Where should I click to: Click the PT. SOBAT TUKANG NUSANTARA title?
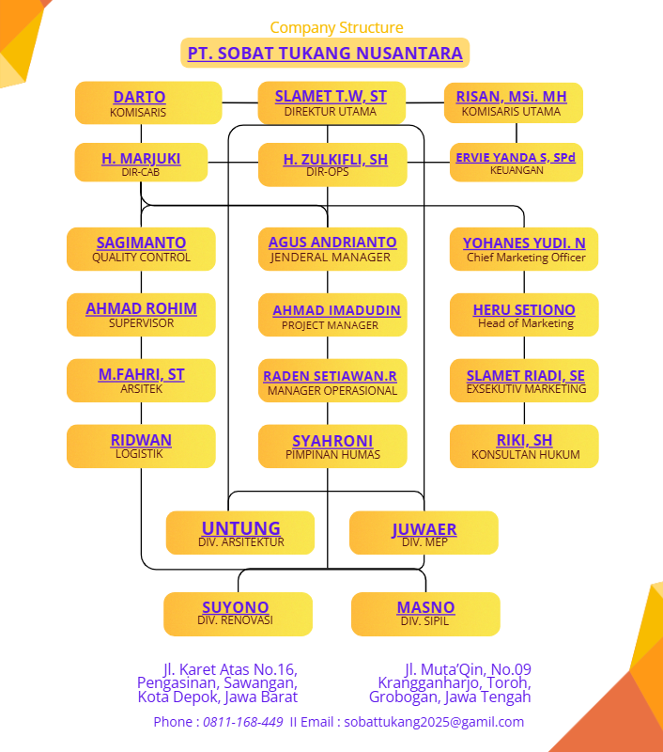pyautogui.click(x=325, y=53)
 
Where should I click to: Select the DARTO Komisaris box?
pyautogui.click(x=148, y=102)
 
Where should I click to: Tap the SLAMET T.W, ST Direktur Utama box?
pyautogui.click(x=331, y=102)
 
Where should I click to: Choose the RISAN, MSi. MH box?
pyautogui.click(x=512, y=102)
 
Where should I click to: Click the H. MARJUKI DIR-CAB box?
pyautogui.click(x=141, y=163)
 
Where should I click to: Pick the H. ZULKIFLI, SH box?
pyautogui.click(x=332, y=164)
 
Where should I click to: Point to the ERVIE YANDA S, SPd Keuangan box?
pyautogui.click(x=516, y=162)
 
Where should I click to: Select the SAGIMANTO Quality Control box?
pyautogui.click(x=141, y=249)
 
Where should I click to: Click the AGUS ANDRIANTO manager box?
pyautogui.click(x=332, y=249)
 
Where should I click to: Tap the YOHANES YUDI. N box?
pyautogui.click(x=524, y=249)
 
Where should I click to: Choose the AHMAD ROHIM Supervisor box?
pyautogui.click(x=141, y=315)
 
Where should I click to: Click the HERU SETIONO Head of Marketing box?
pyautogui.click(x=524, y=315)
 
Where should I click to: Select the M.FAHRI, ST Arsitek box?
pyautogui.click(x=141, y=381)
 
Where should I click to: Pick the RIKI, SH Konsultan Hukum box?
pyautogui.click(x=524, y=446)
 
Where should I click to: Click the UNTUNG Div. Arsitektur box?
pyautogui.click(x=240, y=533)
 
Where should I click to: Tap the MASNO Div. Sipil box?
pyautogui.click(x=425, y=614)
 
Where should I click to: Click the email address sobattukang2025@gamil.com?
pyautogui.click(x=434, y=722)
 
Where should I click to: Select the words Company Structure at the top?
pyautogui.click(x=336, y=27)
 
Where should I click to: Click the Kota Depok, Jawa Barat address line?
pyautogui.click(x=218, y=697)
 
